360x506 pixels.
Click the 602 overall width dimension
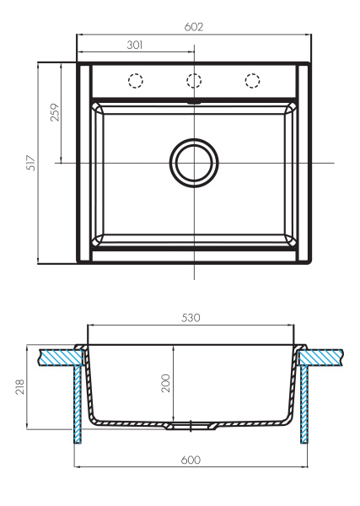195,27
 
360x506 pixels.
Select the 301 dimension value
135,46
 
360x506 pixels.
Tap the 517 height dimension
30,162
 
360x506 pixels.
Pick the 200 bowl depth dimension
166,384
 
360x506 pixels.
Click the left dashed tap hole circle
134,81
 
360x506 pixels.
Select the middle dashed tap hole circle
194,81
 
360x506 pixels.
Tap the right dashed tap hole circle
252,81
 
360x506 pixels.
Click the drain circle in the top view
194,162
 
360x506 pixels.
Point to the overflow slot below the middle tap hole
194,101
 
